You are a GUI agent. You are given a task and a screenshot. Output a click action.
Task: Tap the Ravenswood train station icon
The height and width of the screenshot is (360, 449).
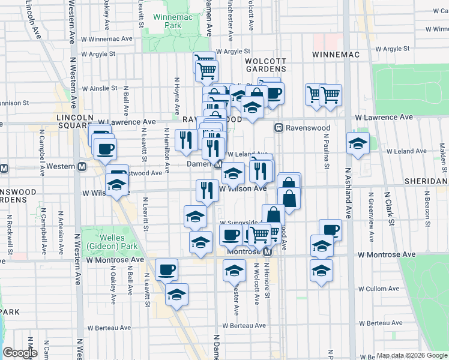279,128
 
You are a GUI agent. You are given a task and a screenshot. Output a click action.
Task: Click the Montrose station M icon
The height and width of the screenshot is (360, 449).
268,252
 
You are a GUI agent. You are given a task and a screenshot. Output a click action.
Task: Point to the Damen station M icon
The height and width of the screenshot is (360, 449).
218,164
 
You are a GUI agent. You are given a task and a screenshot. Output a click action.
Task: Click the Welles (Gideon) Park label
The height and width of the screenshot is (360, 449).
109,241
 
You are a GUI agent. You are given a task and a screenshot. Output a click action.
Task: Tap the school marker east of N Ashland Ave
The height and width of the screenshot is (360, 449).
358,143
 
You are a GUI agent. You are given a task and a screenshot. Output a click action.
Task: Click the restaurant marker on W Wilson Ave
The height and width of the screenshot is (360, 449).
207,190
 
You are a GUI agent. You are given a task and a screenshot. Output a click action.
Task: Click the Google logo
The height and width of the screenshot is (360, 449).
20,353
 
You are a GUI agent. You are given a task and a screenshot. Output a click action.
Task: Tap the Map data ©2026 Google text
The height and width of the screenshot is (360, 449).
411,355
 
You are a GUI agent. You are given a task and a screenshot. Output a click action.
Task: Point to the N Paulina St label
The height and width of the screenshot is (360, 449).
327,151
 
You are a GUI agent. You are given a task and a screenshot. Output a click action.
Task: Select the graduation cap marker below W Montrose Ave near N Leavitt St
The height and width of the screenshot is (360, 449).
176,295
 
